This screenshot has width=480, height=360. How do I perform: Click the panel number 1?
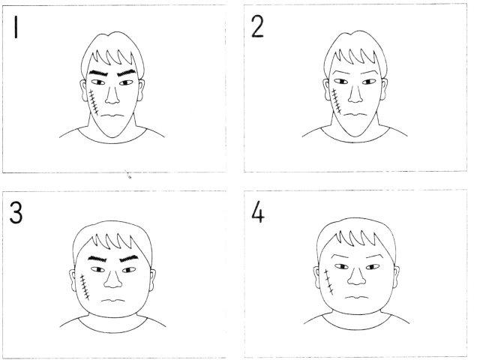(16, 27)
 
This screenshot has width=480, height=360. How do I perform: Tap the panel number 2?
(257, 27)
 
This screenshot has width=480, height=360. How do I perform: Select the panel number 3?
(16, 213)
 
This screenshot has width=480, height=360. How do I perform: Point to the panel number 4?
(258, 211)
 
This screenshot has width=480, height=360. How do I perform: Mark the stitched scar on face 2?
(336, 101)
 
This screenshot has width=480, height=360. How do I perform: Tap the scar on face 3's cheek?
(84, 287)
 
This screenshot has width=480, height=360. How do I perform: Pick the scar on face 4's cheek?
(328, 282)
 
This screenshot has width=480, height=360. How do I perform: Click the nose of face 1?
(112, 95)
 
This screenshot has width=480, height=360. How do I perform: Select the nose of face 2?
(355, 94)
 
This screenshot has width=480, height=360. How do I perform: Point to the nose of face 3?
(112, 279)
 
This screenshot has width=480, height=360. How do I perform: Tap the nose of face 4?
(357, 276)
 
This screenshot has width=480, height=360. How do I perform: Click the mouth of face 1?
(112, 115)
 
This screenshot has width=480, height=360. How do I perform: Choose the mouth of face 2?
(355, 115)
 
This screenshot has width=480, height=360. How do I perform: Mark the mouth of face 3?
(113, 300)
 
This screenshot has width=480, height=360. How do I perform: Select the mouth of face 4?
(357, 297)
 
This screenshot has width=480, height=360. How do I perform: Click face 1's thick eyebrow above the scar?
(97, 73)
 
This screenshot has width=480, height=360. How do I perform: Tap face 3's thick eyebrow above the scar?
(97, 259)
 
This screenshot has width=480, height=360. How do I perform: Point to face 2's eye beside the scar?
(340, 82)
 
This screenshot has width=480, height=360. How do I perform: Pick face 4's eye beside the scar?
(341, 267)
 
